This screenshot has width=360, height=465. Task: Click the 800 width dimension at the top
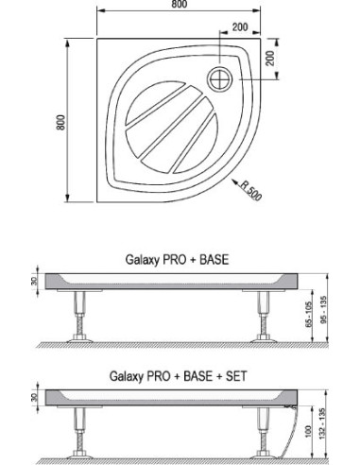(x=180, y=4)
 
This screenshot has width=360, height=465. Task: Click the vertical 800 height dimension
(x=60, y=123)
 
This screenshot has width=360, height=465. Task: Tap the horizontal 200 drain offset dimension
(x=240, y=27)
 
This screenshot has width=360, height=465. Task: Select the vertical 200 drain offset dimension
(x=270, y=58)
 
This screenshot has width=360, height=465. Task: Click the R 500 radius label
(x=250, y=191)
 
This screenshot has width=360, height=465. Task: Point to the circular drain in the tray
(x=220, y=79)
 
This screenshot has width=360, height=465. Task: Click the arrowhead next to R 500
(x=235, y=182)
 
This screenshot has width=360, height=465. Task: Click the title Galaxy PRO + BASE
(x=177, y=260)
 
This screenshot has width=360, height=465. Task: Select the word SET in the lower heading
(x=236, y=376)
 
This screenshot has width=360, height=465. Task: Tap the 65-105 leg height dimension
(x=308, y=315)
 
